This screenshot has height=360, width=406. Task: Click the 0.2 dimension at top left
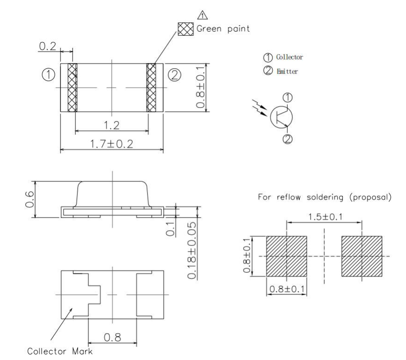46,46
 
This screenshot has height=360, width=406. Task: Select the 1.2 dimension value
111,125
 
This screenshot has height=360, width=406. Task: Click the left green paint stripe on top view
72,88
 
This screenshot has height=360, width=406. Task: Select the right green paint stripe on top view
151,88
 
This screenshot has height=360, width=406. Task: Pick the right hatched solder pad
362,256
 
